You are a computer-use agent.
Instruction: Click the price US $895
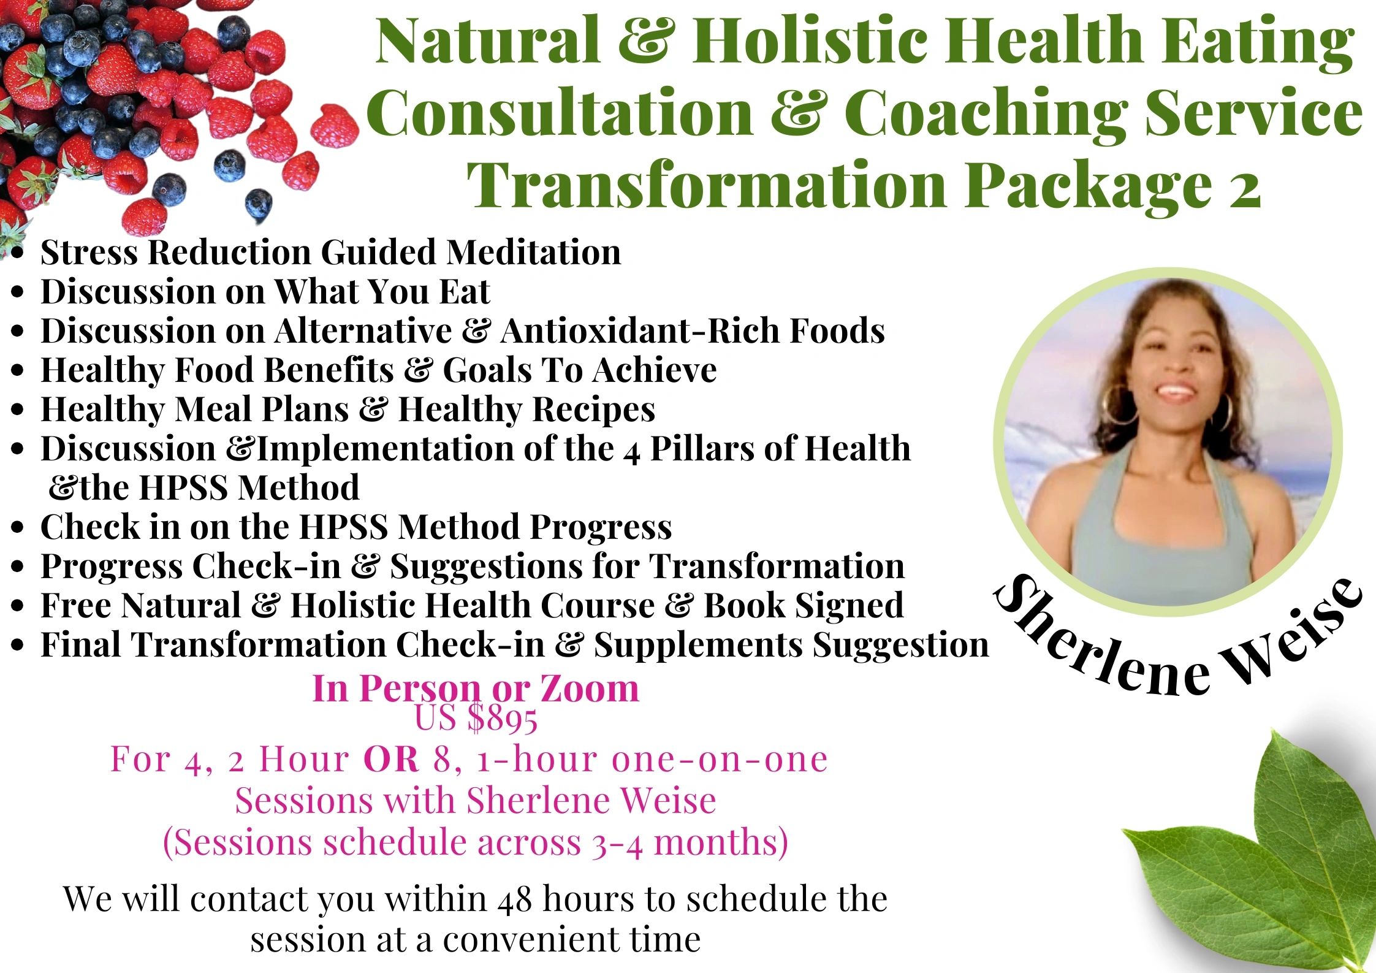[x=476, y=718]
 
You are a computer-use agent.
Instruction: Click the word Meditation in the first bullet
[x=533, y=252]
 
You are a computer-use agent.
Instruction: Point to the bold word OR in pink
[x=391, y=760]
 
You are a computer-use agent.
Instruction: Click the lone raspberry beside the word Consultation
[x=335, y=126]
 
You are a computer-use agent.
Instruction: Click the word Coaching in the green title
[x=986, y=113]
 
